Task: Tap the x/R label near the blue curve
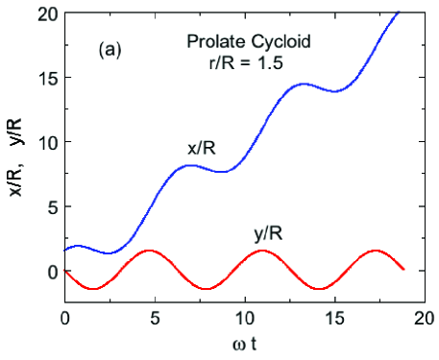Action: pos(204,148)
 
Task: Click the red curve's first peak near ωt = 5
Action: pos(149,251)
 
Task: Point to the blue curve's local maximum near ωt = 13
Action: pos(303,84)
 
